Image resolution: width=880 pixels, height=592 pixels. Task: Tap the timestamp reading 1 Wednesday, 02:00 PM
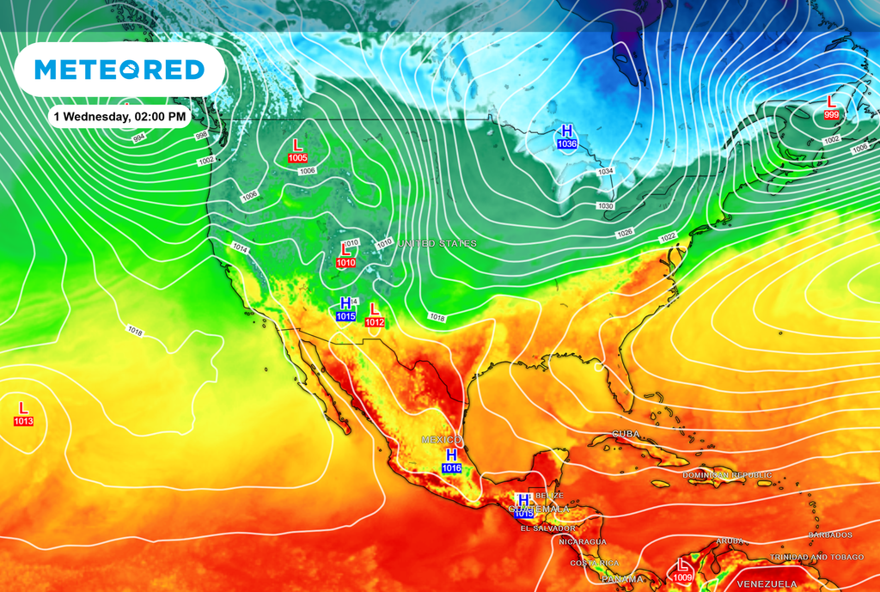point(119,115)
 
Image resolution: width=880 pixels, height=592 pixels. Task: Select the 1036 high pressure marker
point(566,137)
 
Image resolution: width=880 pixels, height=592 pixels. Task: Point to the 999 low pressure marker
point(831,107)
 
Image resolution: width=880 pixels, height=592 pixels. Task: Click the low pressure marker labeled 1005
point(297,150)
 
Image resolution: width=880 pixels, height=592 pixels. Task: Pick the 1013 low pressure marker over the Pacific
point(23,412)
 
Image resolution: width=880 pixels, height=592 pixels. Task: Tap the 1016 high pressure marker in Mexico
point(451,461)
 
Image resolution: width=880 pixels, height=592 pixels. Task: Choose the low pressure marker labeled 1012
point(374,314)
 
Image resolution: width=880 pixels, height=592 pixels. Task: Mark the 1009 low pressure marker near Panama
point(683,570)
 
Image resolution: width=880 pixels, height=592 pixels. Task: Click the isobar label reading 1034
point(606,172)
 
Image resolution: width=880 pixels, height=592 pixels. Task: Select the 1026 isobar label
point(624,234)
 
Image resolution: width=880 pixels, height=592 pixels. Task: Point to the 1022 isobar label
point(668,237)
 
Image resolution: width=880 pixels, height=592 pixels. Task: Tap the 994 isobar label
point(138,137)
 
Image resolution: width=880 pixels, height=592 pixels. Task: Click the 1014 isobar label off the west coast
point(240,247)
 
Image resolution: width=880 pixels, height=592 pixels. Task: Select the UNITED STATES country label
point(437,244)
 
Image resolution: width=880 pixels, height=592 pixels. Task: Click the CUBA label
point(626,434)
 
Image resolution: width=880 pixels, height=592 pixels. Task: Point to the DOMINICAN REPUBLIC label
point(727,475)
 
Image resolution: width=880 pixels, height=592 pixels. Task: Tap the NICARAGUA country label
point(583,542)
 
